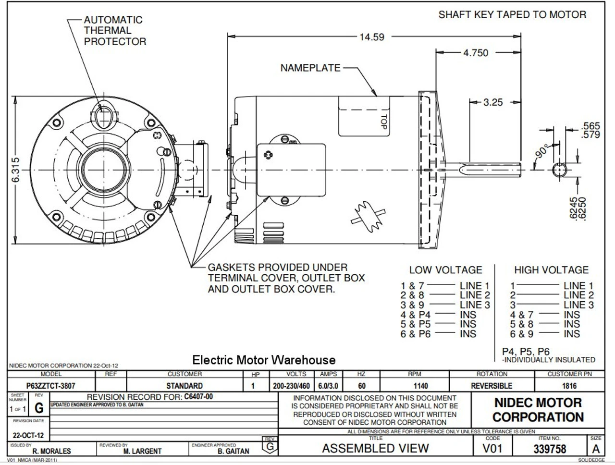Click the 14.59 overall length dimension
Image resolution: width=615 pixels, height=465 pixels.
(372, 37)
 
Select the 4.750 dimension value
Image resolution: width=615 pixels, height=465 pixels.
(475, 53)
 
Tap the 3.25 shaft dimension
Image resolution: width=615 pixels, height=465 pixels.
(492, 102)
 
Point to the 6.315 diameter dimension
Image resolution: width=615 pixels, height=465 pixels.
(16, 170)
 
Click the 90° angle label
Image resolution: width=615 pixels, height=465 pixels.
(542, 151)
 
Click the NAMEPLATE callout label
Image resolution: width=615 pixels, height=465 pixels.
(310, 68)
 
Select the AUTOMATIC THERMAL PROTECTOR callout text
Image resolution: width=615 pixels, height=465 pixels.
(114, 31)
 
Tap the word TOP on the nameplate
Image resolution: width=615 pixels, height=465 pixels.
(383, 119)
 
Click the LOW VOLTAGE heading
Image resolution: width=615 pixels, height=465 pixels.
(445, 270)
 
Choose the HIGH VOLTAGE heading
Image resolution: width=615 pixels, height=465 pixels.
(551, 270)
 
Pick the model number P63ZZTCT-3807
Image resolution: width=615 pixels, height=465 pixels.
(50, 386)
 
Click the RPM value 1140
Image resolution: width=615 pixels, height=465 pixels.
(414, 386)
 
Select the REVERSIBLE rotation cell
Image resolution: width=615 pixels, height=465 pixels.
(492, 386)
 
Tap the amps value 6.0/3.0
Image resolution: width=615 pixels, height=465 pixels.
(328, 386)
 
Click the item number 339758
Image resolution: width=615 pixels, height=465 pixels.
(550, 449)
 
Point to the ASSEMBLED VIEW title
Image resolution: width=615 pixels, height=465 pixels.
(375, 449)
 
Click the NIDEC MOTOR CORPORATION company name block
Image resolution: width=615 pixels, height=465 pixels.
(538, 410)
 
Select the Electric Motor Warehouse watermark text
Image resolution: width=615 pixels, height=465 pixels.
(264, 360)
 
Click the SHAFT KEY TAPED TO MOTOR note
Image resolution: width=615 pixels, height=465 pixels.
(512, 15)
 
